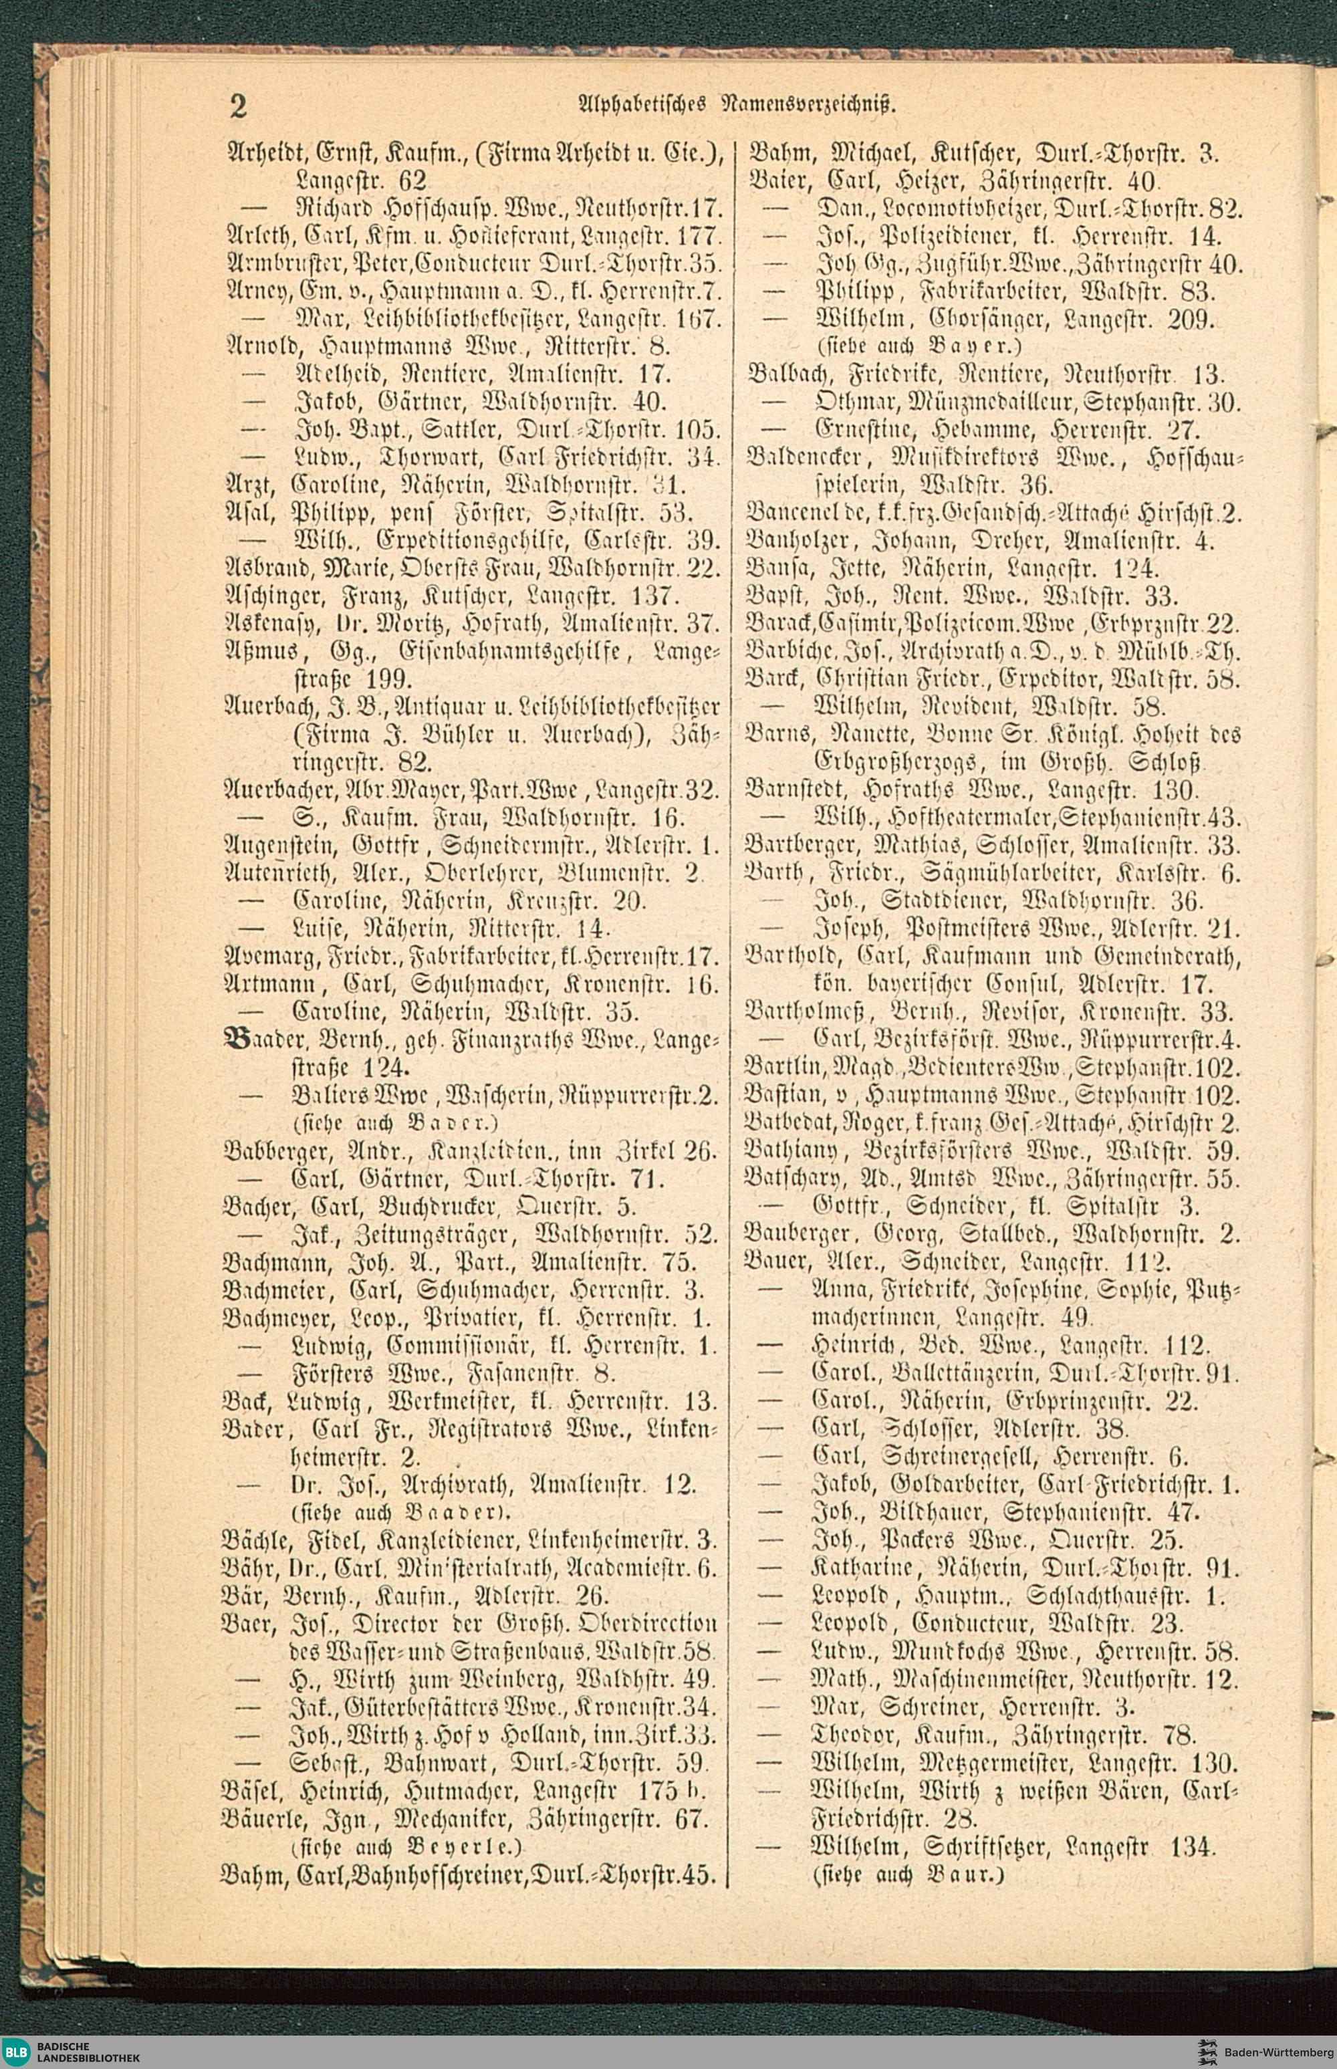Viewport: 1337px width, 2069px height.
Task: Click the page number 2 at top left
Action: [x=238, y=105]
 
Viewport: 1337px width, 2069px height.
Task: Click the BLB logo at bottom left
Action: [x=15, y=2052]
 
